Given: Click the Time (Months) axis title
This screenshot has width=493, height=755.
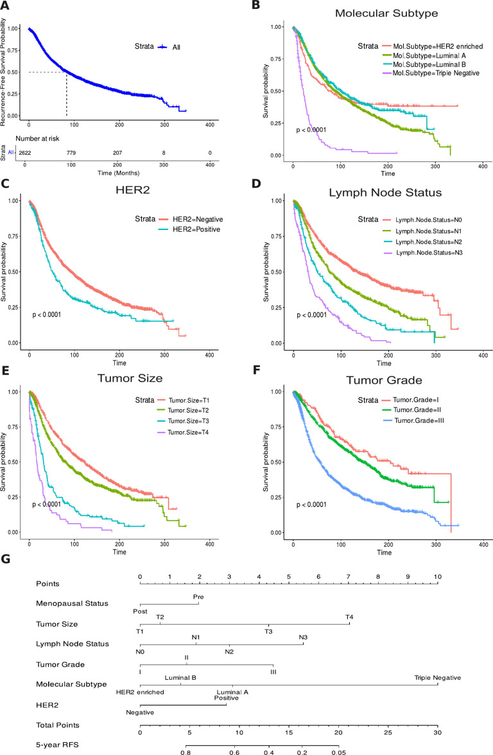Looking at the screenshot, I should click(119, 173).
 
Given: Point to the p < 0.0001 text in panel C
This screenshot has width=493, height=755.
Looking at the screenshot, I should click(54, 315).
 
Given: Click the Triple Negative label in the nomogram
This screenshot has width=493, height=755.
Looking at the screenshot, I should click(437, 677).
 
